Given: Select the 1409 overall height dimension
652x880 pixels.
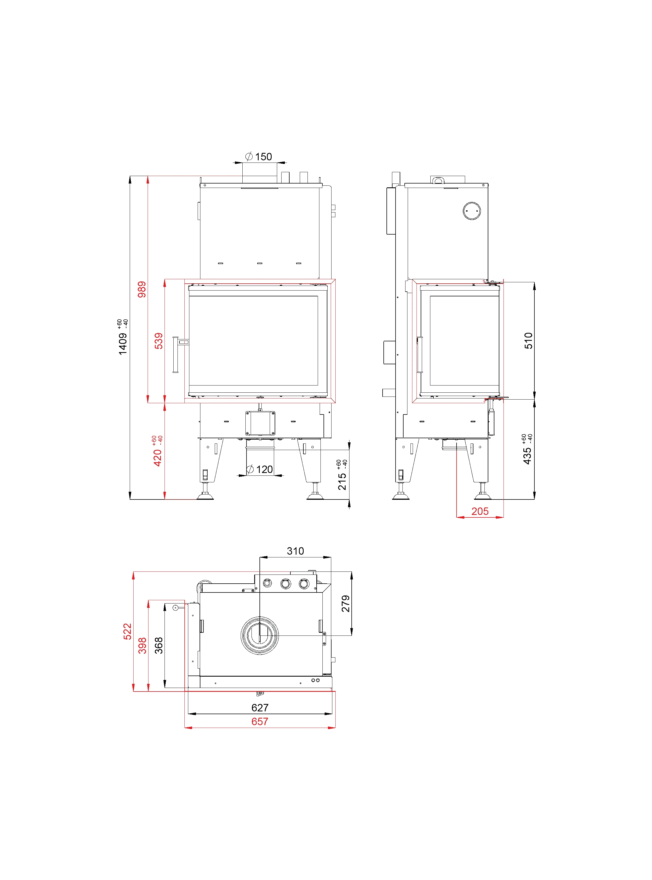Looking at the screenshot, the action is click(123, 344).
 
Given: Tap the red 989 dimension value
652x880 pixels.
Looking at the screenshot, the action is click(142, 289).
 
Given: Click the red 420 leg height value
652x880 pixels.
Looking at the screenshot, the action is click(157, 458).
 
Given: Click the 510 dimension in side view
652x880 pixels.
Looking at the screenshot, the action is click(528, 341).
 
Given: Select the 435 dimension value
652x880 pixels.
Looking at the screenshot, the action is click(527, 456).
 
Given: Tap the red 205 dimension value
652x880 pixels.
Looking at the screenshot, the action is click(480, 511).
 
